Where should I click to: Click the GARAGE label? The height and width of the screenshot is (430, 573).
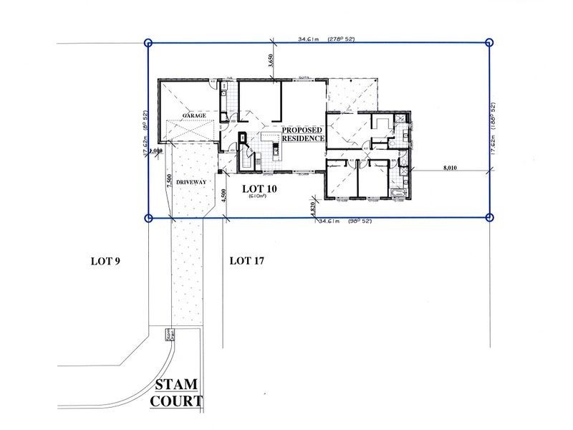(194, 115)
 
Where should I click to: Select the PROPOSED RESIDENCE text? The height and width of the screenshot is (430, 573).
(303, 133)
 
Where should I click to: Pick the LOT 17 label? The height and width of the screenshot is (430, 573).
(247, 261)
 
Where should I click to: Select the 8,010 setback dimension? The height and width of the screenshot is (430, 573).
(451, 168)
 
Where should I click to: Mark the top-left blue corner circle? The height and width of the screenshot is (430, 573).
(148, 43)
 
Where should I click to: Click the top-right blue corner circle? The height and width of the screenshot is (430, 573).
(490, 43)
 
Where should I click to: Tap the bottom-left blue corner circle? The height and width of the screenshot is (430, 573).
(148, 218)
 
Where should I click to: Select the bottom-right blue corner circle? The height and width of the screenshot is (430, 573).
(490, 217)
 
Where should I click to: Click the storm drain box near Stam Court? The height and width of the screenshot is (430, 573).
(170, 335)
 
